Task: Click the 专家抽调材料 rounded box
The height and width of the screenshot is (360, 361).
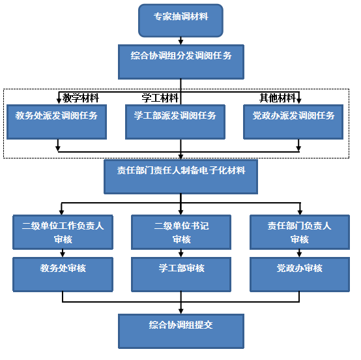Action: (x=180, y=20)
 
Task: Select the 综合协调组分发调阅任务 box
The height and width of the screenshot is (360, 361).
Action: (x=181, y=62)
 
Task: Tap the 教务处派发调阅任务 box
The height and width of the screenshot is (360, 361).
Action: (x=57, y=122)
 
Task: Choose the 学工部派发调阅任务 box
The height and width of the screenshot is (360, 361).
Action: (x=175, y=122)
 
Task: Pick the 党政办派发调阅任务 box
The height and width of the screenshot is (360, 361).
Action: (x=293, y=122)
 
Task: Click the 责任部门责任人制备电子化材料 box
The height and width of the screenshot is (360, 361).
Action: (x=180, y=177)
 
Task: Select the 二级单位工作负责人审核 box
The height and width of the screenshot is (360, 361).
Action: (x=63, y=232)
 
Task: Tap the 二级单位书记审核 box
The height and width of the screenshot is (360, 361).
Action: (x=181, y=232)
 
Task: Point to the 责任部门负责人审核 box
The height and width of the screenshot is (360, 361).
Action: (x=300, y=232)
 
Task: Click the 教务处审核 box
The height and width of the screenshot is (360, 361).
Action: (x=63, y=275)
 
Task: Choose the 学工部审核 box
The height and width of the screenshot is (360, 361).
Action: (x=181, y=275)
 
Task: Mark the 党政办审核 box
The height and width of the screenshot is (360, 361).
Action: (x=300, y=275)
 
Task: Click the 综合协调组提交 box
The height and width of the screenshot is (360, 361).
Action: (x=181, y=331)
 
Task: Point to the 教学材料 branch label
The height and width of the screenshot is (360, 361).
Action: (x=81, y=98)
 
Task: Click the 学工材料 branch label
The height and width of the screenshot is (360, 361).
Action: (x=160, y=98)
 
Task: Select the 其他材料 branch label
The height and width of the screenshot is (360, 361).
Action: (x=278, y=98)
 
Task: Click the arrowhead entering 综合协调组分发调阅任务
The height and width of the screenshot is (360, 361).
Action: (x=180, y=42)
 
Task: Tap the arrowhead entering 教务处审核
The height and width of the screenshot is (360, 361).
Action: (x=63, y=254)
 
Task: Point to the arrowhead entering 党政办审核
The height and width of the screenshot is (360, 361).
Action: (x=299, y=254)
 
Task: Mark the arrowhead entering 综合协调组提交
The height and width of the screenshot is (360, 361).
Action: (x=181, y=311)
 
